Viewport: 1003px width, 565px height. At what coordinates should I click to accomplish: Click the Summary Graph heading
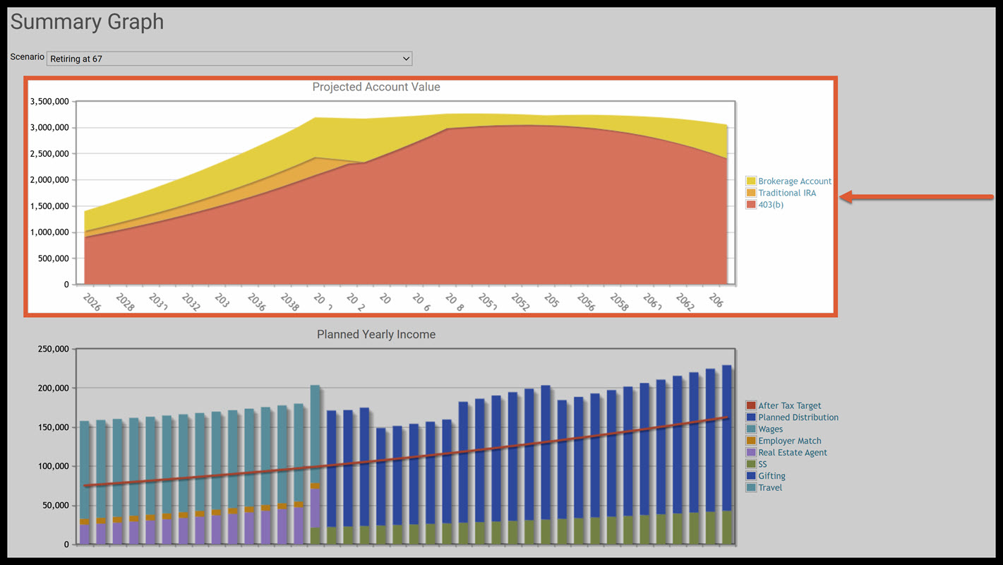[87, 22]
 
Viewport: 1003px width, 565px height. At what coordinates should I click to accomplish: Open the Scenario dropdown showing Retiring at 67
[229, 59]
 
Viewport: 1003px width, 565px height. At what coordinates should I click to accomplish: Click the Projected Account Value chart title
[376, 87]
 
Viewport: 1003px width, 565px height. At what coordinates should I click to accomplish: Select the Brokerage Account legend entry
[794, 182]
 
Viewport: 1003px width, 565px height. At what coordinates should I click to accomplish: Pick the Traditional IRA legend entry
[786, 193]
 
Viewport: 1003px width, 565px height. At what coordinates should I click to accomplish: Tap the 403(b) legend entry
[770, 205]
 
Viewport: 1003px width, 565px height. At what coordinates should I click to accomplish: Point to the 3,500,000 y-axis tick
[49, 102]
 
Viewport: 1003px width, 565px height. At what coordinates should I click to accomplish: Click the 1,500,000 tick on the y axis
[49, 206]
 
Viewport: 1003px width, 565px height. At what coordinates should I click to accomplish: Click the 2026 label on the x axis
[91, 302]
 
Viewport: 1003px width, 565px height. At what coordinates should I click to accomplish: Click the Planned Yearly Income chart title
[376, 334]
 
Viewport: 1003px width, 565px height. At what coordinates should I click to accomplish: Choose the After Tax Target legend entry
[789, 405]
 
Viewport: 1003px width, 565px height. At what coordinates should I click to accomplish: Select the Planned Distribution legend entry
[798, 417]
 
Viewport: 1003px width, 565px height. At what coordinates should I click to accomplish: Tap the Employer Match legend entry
[789, 441]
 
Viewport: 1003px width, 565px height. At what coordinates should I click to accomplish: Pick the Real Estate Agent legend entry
[792, 453]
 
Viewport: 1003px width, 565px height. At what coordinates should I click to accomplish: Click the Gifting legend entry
[771, 476]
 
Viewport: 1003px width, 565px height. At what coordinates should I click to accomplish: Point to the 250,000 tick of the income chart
[54, 349]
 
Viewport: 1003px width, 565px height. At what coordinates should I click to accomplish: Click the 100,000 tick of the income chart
[54, 466]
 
